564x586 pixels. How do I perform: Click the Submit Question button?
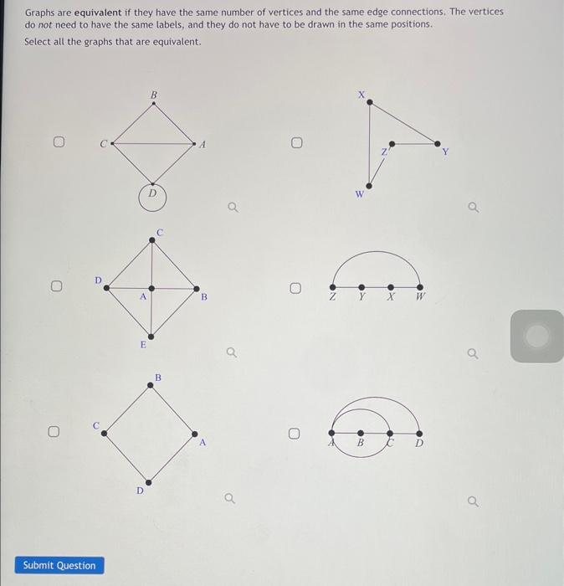tap(59, 565)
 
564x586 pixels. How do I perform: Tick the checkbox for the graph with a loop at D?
tap(59, 143)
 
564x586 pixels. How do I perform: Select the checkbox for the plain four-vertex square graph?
tap(53, 433)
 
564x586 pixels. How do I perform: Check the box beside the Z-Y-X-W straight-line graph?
tap(295, 289)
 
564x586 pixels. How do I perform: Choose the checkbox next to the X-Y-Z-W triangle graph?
tap(297, 143)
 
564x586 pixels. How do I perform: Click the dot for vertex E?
tap(151, 331)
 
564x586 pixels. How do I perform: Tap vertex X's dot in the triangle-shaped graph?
tap(370, 103)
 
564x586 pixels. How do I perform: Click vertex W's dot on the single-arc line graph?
tap(420, 287)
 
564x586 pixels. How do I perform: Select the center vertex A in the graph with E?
tap(151, 288)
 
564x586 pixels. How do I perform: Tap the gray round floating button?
tap(536, 336)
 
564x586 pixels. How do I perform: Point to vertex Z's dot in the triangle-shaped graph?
tap(391, 144)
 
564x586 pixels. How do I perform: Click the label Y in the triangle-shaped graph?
tap(445, 152)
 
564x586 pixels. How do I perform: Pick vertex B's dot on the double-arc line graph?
tap(361, 433)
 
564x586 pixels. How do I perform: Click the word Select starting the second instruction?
tap(38, 42)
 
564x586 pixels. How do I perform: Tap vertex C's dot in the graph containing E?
tap(151, 240)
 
